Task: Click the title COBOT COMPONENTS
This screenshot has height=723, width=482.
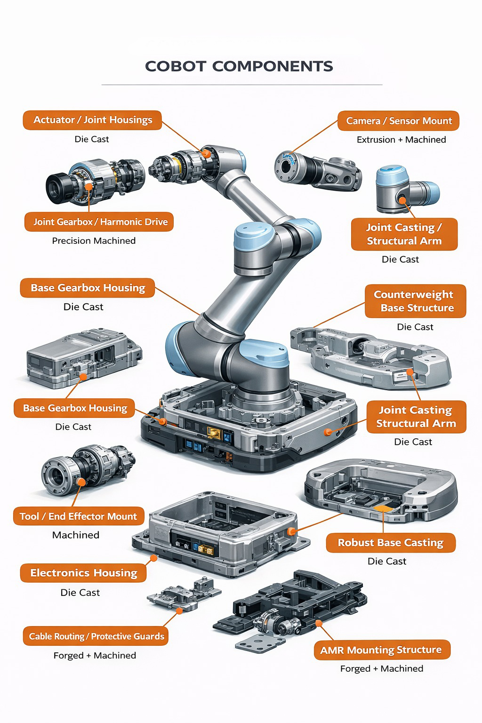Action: click(239, 66)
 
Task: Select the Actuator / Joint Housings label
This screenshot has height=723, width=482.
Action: click(92, 120)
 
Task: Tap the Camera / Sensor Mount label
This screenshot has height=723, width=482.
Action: click(398, 121)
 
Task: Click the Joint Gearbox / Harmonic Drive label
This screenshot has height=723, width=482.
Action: click(100, 222)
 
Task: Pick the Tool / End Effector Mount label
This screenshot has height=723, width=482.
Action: click(78, 516)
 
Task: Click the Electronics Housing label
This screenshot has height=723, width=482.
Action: click(83, 573)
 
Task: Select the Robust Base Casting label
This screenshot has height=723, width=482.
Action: click(390, 543)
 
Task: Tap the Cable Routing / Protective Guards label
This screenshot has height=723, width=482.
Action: click(96, 636)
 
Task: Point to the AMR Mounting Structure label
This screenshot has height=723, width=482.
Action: click(381, 650)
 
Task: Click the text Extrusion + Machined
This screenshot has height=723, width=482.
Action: click(401, 140)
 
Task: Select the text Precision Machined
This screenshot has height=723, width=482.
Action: click(94, 241)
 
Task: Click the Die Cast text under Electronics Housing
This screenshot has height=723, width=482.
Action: click(80, 593)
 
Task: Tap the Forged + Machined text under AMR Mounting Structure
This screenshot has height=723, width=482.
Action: click(381, 669)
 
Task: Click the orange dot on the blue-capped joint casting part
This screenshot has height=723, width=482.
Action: click(402, 200)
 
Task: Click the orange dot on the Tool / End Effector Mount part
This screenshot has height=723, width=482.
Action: click(81, 482)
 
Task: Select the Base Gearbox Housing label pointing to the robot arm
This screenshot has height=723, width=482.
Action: click(88, 288)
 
